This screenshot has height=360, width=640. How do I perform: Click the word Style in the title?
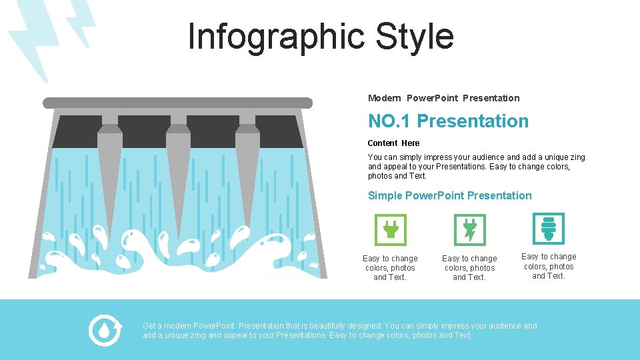[x=415, y=37]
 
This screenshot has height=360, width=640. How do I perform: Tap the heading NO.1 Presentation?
[x=448, y=121]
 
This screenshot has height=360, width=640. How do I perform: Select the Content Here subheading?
[x=393, y=143]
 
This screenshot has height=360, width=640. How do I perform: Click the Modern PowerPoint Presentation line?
[x=443, y=98]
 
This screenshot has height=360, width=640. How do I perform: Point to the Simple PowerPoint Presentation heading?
[x=449, y=195]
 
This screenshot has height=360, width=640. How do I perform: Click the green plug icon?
[x=390, y=230]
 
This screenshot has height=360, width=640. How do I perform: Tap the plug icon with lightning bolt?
[x=469, y=230]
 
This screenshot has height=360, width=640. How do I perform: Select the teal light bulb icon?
[x=548, y=229]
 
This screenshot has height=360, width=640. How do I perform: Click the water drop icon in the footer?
[x=105, y=330]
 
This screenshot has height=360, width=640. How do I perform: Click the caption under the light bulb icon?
[x=548, y=266]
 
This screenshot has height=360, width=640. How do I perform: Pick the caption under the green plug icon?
[x=390, y=268]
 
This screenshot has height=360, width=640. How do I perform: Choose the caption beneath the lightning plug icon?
[x=469, y=268]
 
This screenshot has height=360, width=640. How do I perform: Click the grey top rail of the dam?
[x=177, y=103]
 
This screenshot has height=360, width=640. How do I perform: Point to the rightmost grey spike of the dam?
[x=247, y=167]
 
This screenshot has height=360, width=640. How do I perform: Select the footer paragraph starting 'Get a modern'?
[x=340, y=331]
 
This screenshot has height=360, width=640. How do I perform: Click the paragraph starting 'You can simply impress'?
[x=476, y=167]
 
